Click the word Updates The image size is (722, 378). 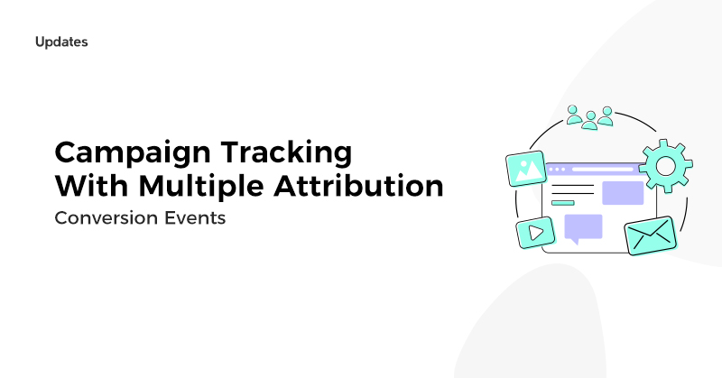coord(61,41)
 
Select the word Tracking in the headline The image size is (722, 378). coord(286,153)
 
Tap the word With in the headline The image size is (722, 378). coord(92,186)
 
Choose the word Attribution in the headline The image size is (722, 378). coord(358,186)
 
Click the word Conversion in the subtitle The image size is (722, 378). coord(105,217)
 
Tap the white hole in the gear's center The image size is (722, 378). coord(665,166)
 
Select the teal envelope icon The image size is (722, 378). coord(651,235)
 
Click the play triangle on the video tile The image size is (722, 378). coord(535,233)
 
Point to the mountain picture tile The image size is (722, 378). coord(526,169)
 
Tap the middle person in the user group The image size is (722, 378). coord(590,120)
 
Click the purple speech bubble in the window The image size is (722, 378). coord(583,229)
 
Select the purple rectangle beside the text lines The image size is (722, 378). coord(623,193)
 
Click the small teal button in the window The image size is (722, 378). coord(562,203)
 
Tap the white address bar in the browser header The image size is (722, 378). coord(603,170)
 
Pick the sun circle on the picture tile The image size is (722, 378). coord(523,163)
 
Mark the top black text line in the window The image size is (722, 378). coord(573,186)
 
